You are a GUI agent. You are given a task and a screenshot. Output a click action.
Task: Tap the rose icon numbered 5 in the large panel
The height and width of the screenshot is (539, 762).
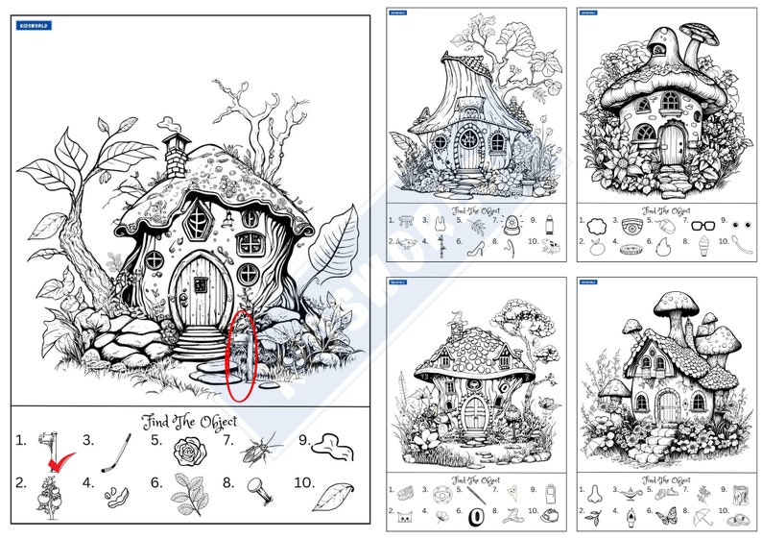pyautogui.click(x=188, y=448)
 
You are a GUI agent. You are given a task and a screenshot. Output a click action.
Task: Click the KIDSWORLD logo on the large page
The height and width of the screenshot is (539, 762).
pyautogui.click(x=35, y=26)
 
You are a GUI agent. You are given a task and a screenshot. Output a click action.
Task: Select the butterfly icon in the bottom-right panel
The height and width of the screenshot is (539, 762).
pyautogui.click(x=665, y=516)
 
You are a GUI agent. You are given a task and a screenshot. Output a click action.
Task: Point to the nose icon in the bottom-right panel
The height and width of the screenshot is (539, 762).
pyautogui.click(x=595, y=494)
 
